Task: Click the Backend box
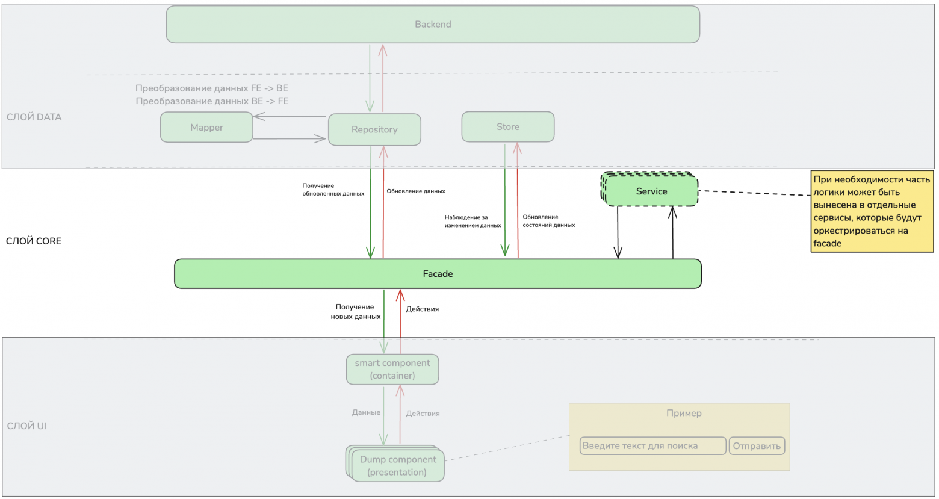pos(433,24)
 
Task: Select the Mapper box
pos(206,127)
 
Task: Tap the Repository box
pos(374,129)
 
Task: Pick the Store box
pos(507,126)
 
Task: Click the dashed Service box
pos(649,189)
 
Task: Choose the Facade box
pos(438,274)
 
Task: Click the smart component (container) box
pos(392,370)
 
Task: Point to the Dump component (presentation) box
pos(395,463)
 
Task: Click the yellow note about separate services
pos(872,211)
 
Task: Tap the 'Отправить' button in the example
pos(757,446)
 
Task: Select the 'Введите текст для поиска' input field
pos(652,446)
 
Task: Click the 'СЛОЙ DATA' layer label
pos(34,117)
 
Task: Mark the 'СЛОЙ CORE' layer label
pos(34,241)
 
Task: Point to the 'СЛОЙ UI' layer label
pos(26,426)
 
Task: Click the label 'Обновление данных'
pos(416,191)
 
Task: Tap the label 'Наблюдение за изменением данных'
pos(473,222)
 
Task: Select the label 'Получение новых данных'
pos(356,312)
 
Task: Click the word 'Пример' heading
pos(684,413)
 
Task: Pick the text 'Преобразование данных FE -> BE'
pos(212,88)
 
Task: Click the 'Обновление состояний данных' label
pos(549,221)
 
